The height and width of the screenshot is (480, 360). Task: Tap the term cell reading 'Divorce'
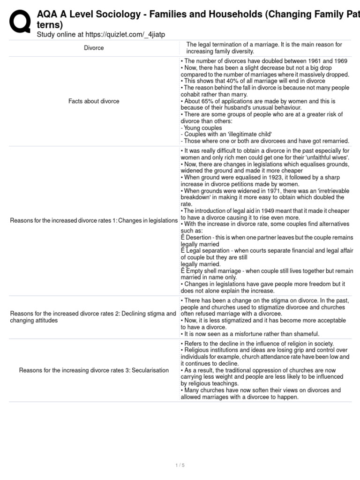[x=94, y=48]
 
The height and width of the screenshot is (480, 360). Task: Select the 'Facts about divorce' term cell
[x=94, y=101]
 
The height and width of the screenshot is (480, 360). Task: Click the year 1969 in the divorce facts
[x=337, y=61]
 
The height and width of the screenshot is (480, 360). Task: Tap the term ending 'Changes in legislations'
[x=148, y=221]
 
